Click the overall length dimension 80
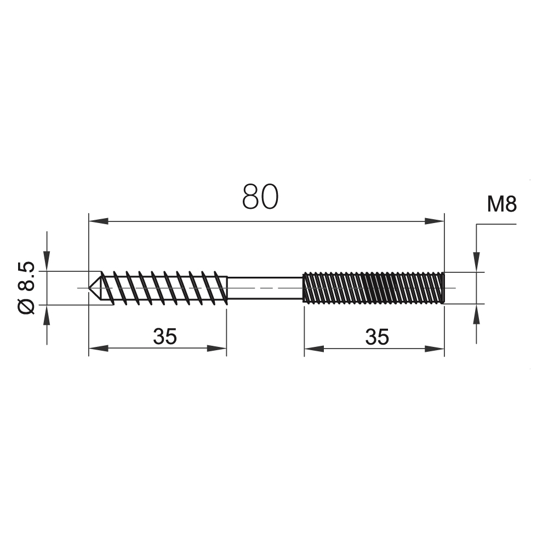260,197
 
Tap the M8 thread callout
502,204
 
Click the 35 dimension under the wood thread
165,336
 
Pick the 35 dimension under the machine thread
377,337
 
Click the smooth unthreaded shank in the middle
265,288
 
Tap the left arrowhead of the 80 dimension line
99,221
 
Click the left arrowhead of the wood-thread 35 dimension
99,348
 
